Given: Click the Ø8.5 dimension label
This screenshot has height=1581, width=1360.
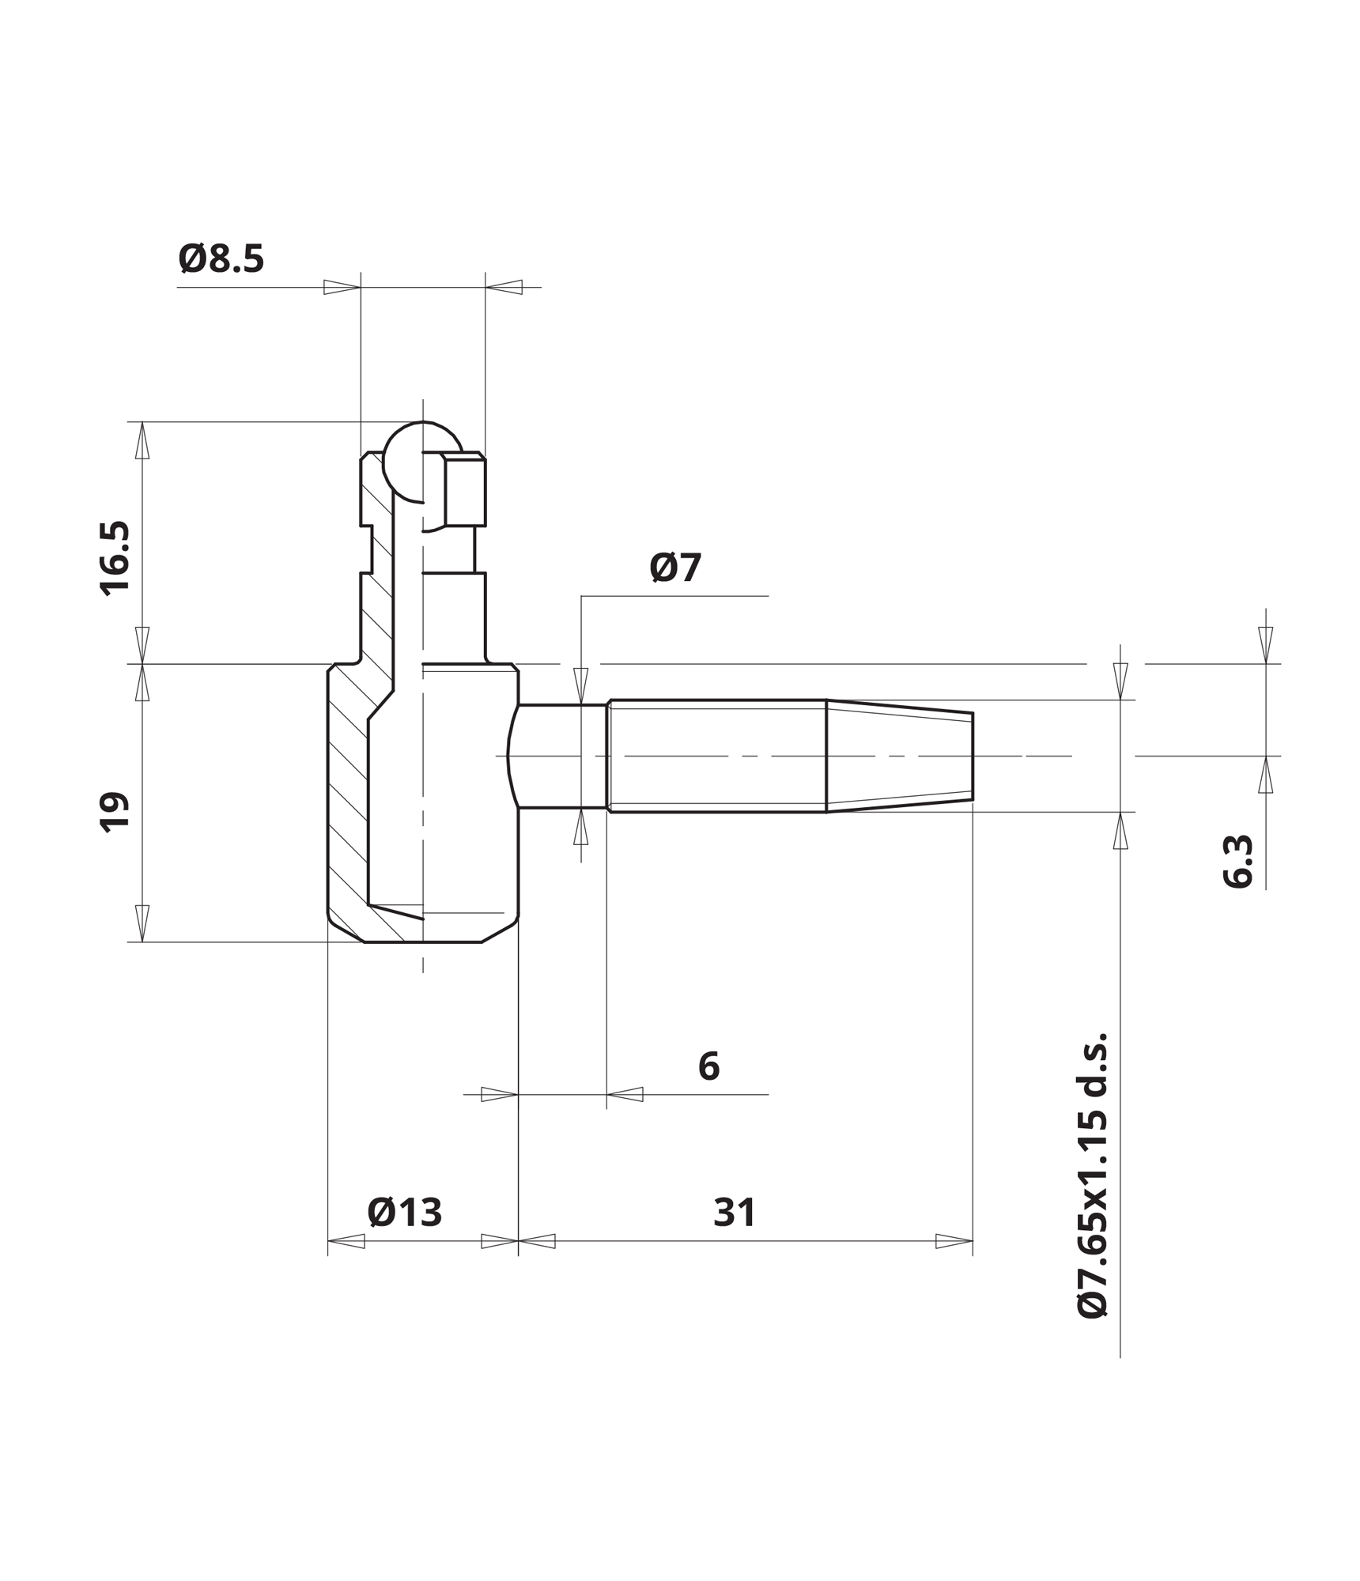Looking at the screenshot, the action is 221,259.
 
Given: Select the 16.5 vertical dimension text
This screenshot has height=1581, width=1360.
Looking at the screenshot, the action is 115,558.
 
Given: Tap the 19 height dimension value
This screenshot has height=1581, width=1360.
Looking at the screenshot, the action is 115,811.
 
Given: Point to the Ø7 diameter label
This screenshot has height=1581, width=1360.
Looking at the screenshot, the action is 675,568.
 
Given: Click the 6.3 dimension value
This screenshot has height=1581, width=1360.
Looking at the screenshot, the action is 1238,862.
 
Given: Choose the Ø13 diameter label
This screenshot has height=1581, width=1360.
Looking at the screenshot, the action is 405,1213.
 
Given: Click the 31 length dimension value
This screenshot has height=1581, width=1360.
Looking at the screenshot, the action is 735,1213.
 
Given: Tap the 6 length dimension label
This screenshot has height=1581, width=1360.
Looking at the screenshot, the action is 709,1066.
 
